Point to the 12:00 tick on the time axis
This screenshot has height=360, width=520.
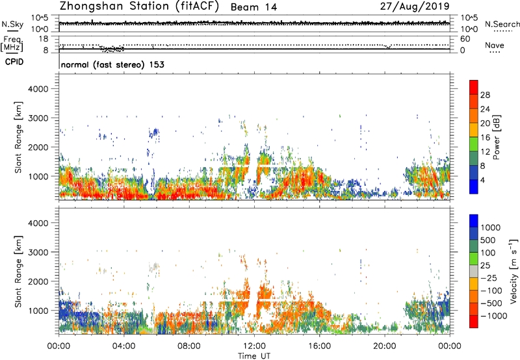coord(254,344)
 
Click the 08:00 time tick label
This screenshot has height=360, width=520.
coord(189,344)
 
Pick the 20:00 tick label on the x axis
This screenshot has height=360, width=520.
coord(385,344)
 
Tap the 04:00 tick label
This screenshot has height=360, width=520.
coord(124,344)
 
